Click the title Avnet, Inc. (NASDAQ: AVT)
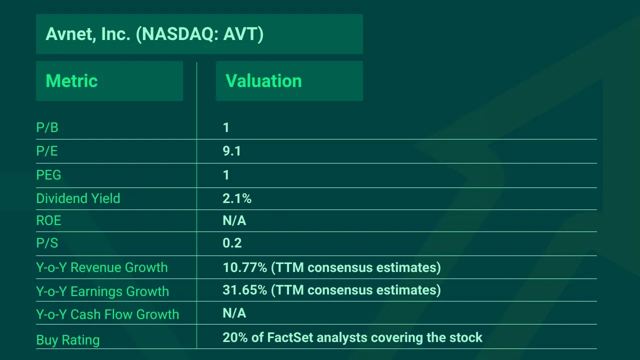click(x=154, y=34)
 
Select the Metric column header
click(x=71, y=81)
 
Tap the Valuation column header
click(x=263, y=81)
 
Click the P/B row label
click(x=47, y=128)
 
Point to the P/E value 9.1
click(x=232, y=151)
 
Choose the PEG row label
click(x=48, y=175)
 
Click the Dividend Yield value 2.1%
click(x=237, y=198)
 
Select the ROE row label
click(x=48, y=220)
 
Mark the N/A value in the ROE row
click(x=234, y=220)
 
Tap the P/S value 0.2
click(x=232, y=243)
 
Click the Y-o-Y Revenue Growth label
click(x=102, y=267)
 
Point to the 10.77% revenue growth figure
click(x=245, y=267)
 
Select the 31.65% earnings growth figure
click(x=245, y=290)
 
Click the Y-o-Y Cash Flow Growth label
click(x=107, y=314)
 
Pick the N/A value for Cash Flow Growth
click(x=234, y=313)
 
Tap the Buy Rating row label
click(x=68, y=340)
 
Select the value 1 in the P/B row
click(x=226, y=128)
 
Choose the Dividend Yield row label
click(x=78, y=198)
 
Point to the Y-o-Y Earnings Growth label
click(x=102, y=291)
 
